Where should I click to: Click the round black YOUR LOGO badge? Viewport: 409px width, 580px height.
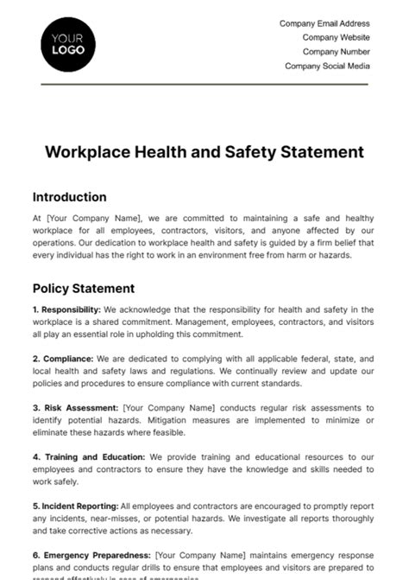pyautogui.click(x=68, y=43)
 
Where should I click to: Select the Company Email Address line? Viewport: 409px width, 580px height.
pyautogui.click(x=324, y=24)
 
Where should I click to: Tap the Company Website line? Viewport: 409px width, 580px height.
pyautogui.click(x=336, y=38)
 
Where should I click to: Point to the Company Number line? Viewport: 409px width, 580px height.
pyautogui.click(x=336, y=52)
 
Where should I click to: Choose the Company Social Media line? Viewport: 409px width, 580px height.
pyautogui.click(x=327, y=66)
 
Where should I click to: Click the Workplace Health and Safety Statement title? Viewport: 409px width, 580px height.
pyautogui.click(x=204, y=152)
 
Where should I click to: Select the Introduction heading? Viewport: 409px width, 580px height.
pyautogui.click(x=70, y=197)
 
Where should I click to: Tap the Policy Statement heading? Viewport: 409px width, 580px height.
pyautogui.click(x=83, y=288)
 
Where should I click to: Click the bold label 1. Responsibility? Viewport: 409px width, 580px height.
pyautogui.click(x=66, y=309)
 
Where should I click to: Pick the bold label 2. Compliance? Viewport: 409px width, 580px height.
pyautogui.click(x=63, y=358)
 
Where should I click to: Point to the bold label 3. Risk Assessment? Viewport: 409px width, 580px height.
pyautogui.click(x=76, y=407)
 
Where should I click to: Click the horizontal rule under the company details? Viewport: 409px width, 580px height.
pyautogui.click(x=204, y=84)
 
